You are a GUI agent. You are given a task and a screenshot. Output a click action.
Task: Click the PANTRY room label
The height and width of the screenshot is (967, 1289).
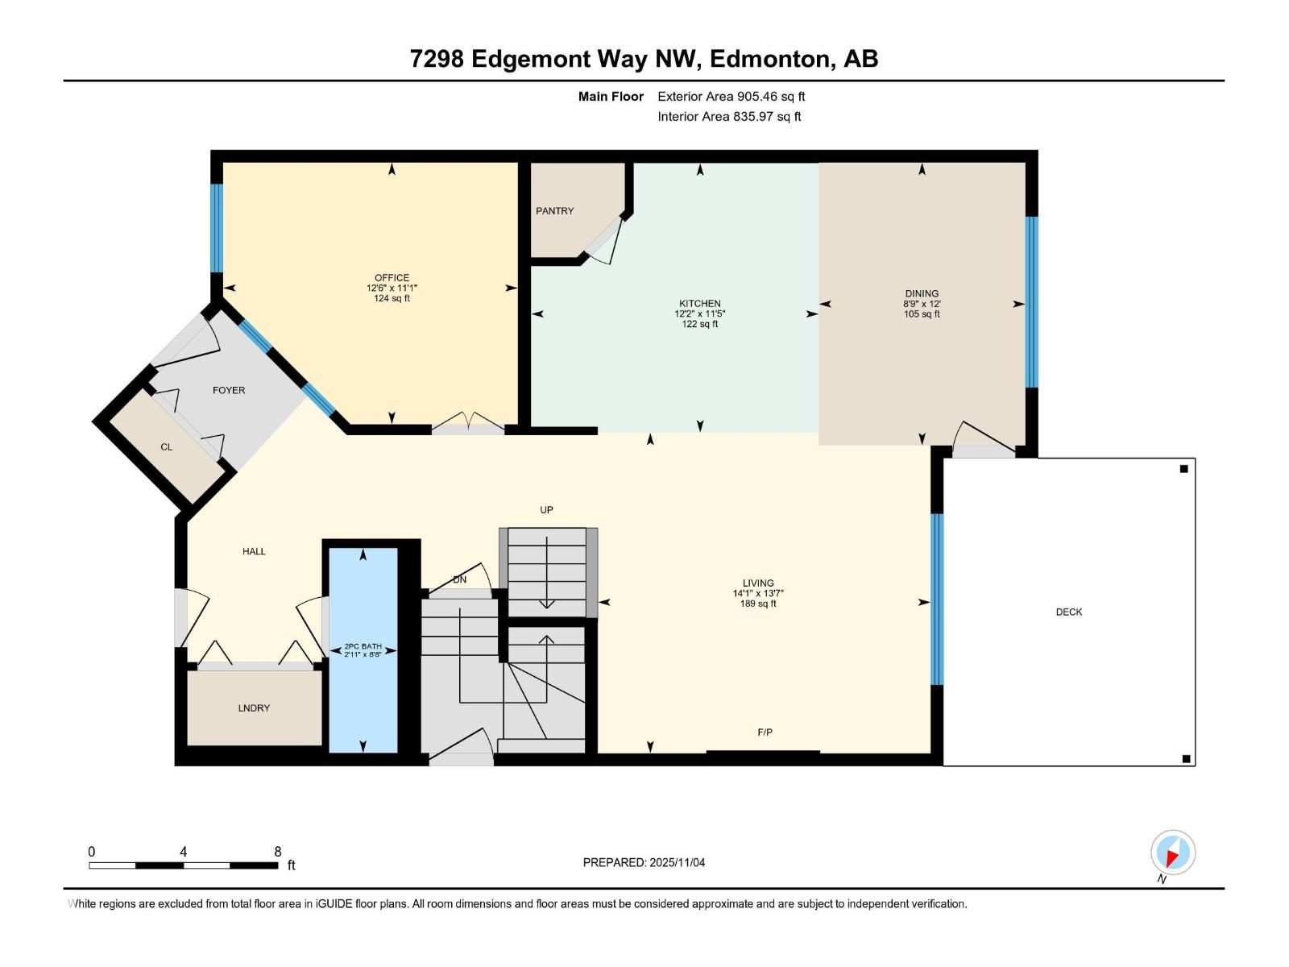[554, 211]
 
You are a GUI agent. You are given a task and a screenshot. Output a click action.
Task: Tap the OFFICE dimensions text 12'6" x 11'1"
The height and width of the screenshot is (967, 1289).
[392, 288]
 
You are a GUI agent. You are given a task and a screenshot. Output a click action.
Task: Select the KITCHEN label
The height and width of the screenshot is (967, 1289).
[699, 304]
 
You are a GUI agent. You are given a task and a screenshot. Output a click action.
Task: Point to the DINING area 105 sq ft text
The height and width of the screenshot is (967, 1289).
[922, 314]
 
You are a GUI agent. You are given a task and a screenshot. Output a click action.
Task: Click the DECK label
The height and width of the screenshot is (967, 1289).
[1068, 612]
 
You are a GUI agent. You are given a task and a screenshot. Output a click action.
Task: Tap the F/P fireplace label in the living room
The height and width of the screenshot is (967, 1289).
[765, 733]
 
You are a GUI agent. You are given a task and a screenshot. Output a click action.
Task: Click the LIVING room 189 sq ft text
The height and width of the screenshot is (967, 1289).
[757, 604]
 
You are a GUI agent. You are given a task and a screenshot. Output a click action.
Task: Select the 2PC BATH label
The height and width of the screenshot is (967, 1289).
[363, 646]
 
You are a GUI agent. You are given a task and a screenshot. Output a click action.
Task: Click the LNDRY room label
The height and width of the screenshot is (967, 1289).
[254, 708]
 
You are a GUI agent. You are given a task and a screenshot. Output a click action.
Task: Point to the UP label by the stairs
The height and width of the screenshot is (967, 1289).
[546, 510]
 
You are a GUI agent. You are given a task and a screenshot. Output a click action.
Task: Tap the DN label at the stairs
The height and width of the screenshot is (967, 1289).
[459, 580]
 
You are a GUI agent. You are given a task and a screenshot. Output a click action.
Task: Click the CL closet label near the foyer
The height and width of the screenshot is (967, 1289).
[166, 447]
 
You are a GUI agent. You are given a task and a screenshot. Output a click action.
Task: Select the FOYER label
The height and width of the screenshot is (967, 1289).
[229, 390]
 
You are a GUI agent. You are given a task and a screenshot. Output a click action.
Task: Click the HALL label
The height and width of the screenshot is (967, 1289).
[254, 552]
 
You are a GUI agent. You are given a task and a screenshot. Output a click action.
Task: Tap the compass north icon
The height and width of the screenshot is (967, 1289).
[1172, 853]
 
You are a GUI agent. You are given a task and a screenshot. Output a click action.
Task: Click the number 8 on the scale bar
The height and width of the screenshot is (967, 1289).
[278, 852]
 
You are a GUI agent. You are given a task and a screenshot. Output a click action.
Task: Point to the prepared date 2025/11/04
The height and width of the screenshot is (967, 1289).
[675, 862]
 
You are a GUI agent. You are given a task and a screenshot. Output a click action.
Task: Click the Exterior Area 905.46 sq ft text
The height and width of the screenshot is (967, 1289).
[731, 97]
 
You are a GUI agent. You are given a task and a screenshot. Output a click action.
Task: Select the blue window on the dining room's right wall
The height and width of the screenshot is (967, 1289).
[1031, 302]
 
